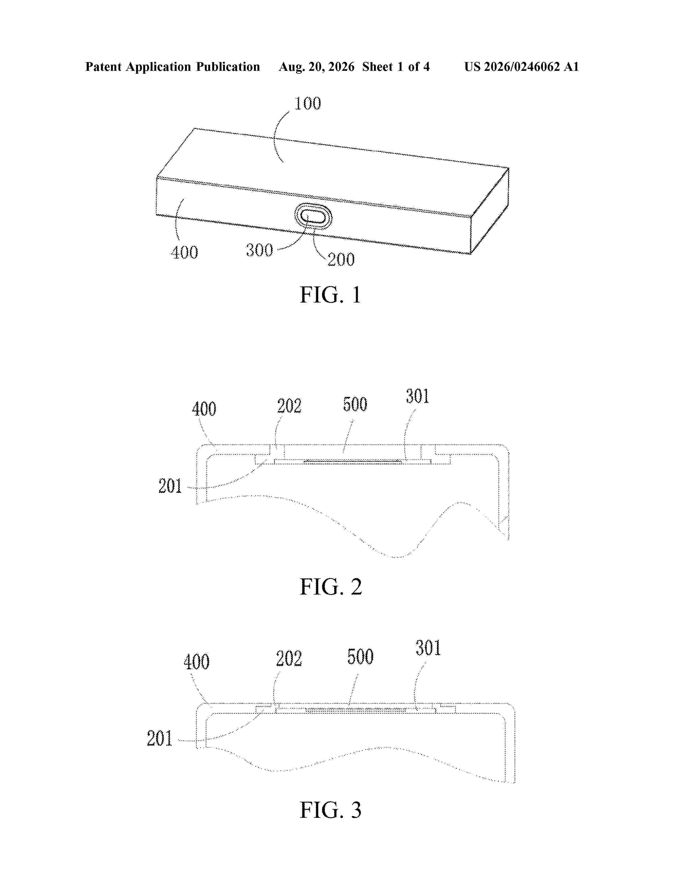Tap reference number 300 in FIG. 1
tap(259, 250)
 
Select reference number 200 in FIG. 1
tap(341, 259)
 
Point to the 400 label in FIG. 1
tap(184, 252)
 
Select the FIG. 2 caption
tap(331, 587)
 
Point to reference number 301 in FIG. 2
tap(417, 396)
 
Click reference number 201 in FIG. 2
tap(170, 486)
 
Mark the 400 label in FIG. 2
tap(204, 409)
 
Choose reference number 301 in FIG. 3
tap(428, 648)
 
